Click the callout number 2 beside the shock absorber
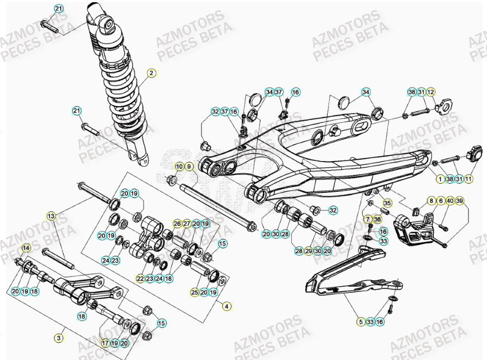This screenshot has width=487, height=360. point(151,73)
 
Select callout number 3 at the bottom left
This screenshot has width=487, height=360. point(59,338)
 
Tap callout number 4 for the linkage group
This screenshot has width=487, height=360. point(226,306)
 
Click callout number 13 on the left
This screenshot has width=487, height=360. point(51,215)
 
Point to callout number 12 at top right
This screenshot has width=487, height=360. point(431,92)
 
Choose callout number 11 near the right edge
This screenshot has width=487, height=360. point(469,179)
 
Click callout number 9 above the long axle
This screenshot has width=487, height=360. point(188,167)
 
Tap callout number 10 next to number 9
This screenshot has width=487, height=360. point(179,167)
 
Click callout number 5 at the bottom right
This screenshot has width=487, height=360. point(361,321)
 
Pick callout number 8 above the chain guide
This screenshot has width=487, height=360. point(431,200)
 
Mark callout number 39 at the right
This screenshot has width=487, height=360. point(460,200)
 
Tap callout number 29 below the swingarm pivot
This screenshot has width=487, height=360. point(308,252)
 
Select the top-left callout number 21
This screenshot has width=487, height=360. point(59,8)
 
